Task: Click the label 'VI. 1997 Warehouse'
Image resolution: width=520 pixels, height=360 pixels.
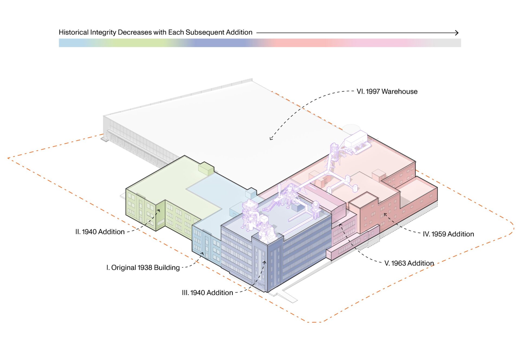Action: (387, 91)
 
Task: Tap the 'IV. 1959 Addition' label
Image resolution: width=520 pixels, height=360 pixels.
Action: (448, 234)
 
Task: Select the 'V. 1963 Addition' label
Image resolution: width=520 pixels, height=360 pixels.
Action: (409, 263)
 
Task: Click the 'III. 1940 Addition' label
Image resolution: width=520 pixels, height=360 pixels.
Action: (207, 293)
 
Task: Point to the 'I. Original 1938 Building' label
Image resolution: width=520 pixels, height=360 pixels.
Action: (143, 268)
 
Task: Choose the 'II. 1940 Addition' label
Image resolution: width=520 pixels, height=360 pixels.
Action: (100, 232)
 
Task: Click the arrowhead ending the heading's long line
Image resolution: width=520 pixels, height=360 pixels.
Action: (457, 33)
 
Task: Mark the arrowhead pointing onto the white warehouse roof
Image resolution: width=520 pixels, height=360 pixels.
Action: (271, 139)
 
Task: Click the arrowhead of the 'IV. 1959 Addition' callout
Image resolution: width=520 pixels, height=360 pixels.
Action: (385, 215)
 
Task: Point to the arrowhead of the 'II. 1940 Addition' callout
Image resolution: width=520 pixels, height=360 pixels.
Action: (159, 210)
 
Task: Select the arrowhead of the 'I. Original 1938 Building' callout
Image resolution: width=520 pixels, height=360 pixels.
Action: (202, 254)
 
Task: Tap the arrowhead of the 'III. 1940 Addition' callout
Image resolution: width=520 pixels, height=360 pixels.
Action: (265, 262)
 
